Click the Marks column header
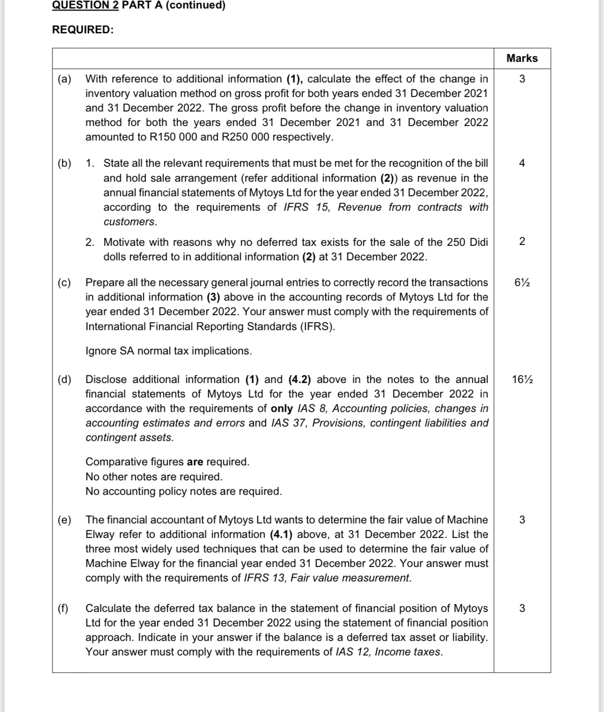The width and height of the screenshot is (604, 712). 522,59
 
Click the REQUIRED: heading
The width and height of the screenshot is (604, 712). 83,30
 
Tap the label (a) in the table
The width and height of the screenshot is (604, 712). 65,79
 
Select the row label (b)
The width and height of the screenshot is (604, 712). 65,163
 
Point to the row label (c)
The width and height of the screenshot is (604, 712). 65,283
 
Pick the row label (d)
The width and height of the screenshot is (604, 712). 65,380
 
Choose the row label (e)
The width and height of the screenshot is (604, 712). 65,520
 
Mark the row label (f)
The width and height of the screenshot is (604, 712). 63,609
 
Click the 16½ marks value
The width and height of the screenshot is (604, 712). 522,380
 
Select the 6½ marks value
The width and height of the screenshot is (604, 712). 522,283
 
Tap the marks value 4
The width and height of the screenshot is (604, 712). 522,163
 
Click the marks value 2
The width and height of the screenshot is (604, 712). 522,242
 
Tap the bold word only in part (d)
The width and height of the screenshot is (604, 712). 282,409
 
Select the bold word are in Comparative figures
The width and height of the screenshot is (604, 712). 195,462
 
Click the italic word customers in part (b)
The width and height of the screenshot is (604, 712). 129,222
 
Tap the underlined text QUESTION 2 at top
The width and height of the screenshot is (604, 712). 85,5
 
